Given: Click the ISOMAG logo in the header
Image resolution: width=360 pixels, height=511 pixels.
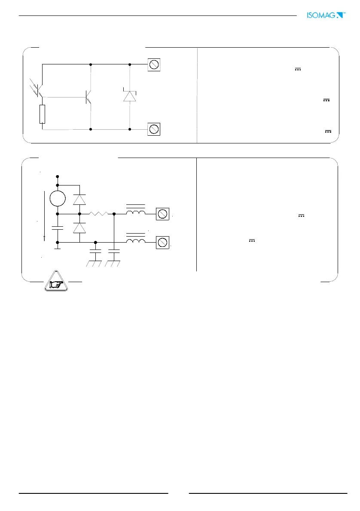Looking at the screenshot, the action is pyautogui.click(x=326, y=15).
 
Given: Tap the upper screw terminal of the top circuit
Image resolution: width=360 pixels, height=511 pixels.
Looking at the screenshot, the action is pyautogui.click(x=154, y=65).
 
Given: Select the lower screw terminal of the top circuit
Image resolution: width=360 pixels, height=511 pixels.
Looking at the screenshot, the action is pyautogui.click(x=154, y=129).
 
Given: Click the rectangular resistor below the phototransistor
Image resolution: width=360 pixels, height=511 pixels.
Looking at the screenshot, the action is pyautogui.click(x=42, y=114).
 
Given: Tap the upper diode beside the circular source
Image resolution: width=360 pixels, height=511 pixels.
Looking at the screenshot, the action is pyautogui.click(x=79, y=200).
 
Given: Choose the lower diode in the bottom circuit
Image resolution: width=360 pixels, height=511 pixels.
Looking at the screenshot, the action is pyautogui.click(x=79, y=228).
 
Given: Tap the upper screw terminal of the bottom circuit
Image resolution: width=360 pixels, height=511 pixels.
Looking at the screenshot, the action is pyautogui.click(x=162, y=213).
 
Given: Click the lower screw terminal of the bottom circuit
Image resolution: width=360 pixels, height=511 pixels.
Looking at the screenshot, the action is pyautogui.click(x=162, y=243).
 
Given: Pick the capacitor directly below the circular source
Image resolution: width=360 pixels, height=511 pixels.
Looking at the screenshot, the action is pyautogui.click(x=58, y=228).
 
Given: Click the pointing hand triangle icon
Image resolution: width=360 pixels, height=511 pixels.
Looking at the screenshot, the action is pyautogui.click(x=57, y=283).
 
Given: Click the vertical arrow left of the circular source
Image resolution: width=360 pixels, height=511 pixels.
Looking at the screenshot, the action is pyautogui.click(x=44, y=217).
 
